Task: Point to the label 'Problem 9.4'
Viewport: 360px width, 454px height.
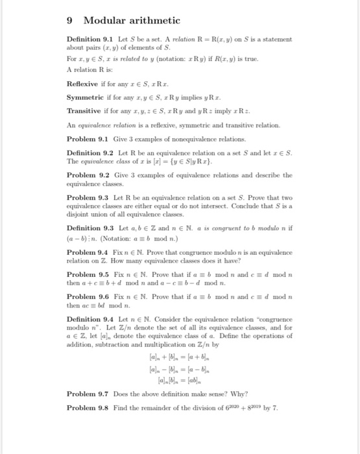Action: (88, 268)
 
